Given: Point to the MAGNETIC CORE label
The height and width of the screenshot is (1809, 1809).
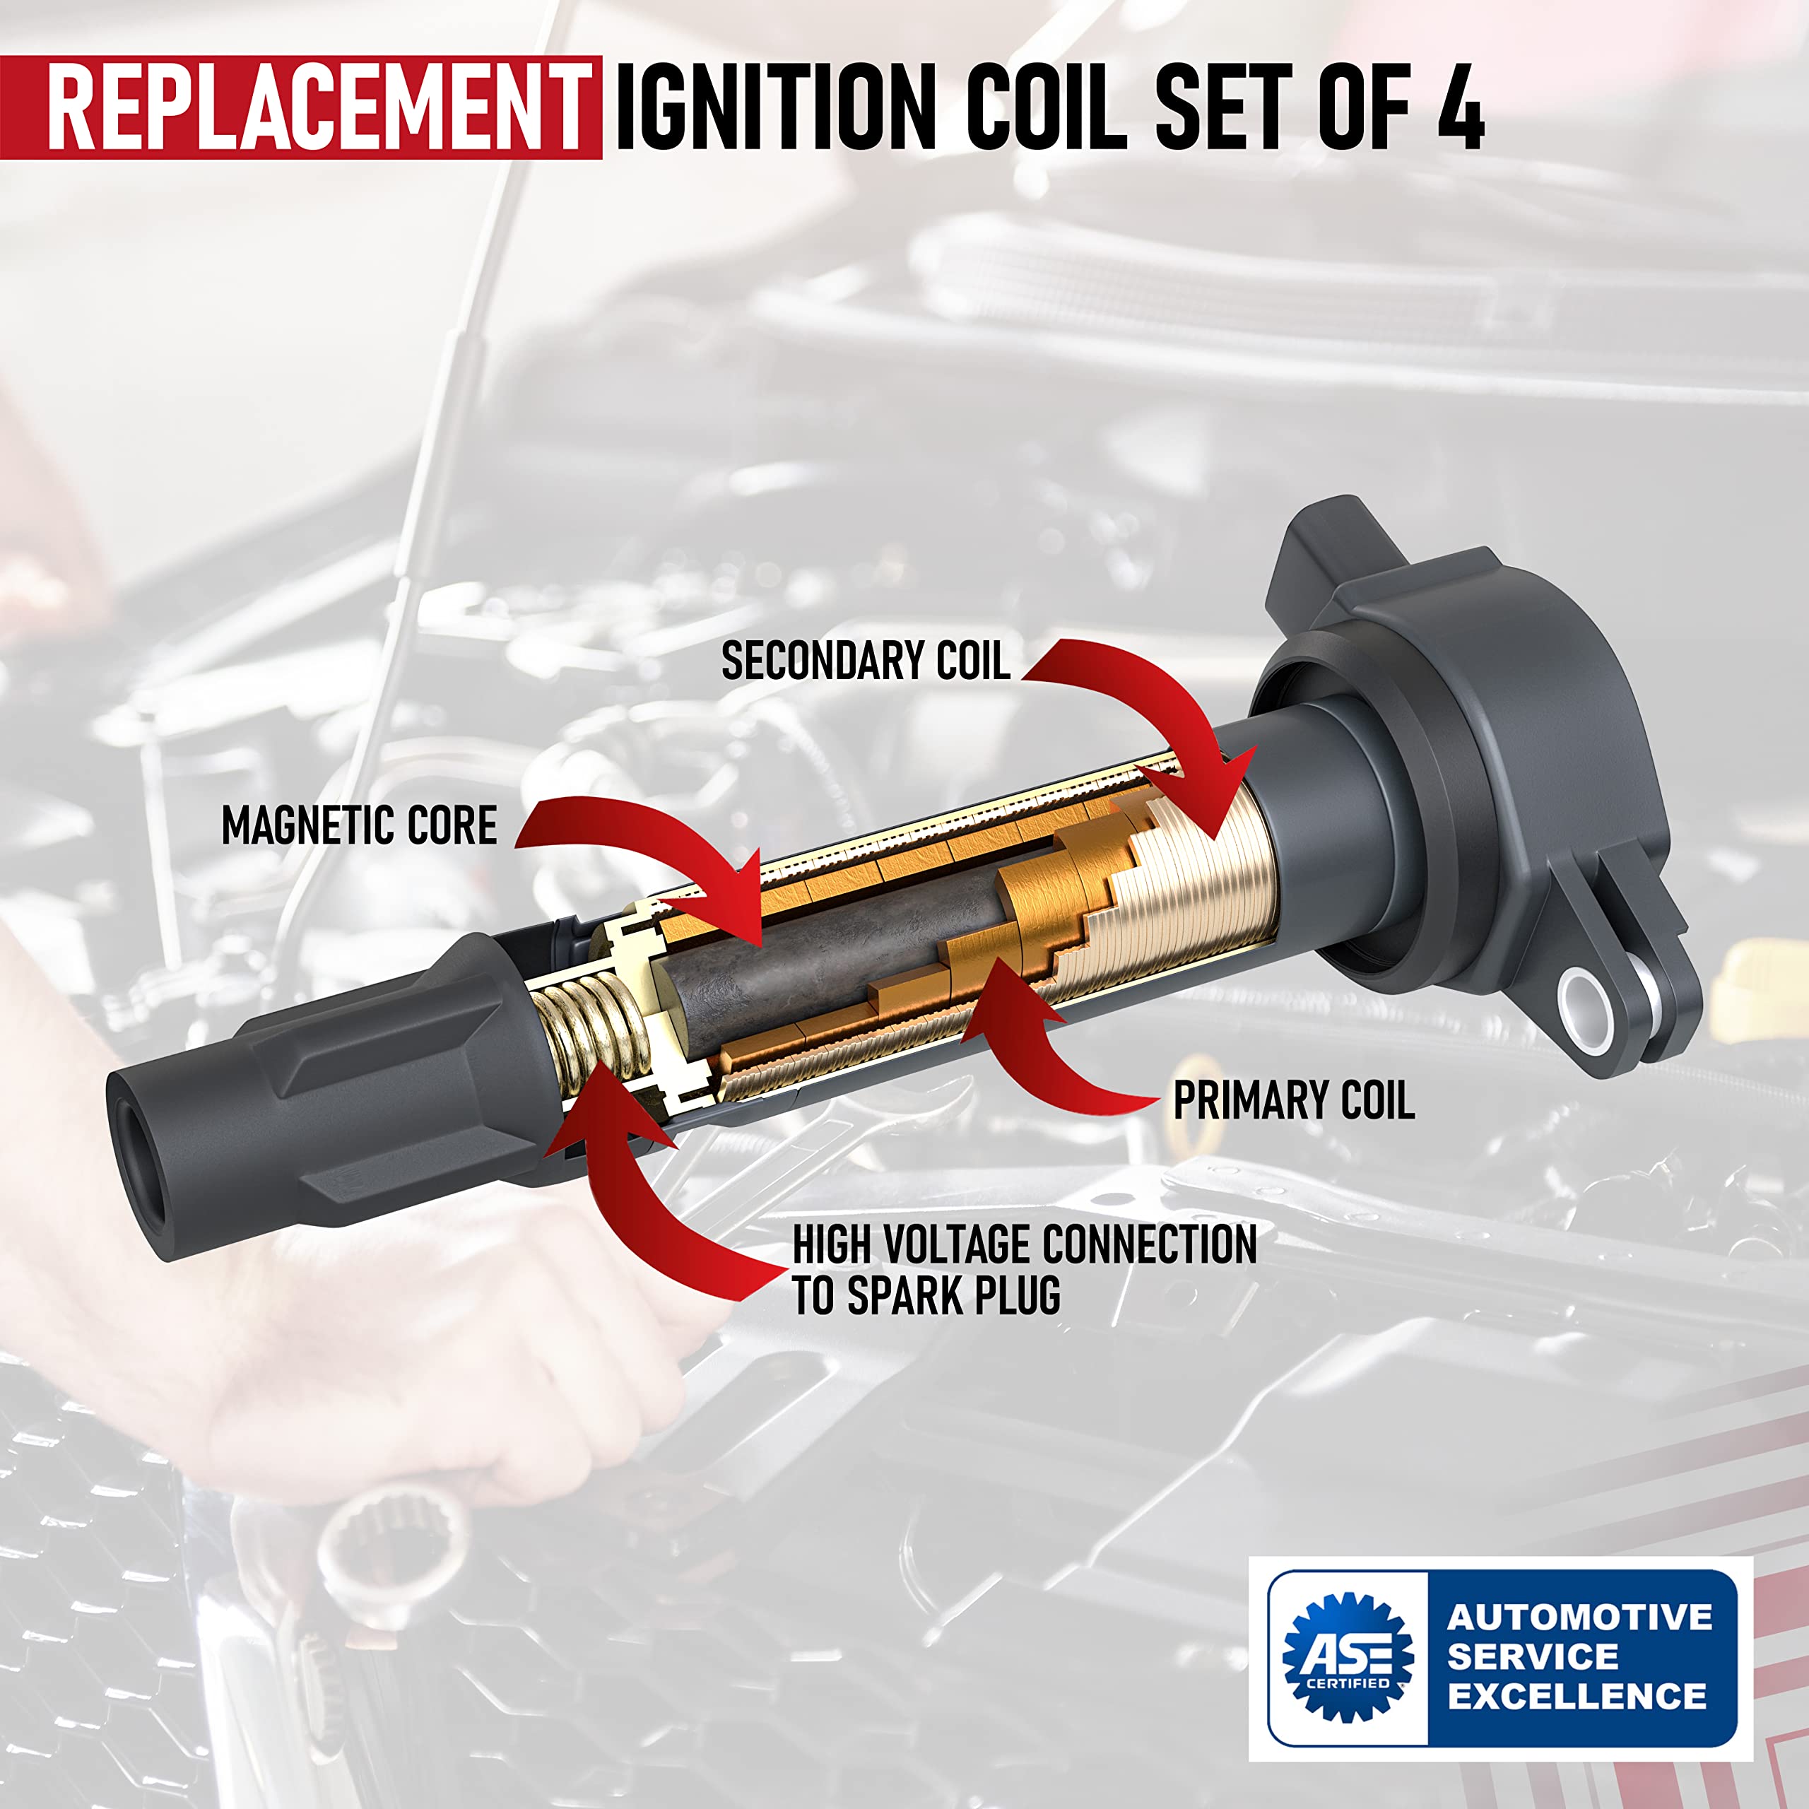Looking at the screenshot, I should coord(358,826).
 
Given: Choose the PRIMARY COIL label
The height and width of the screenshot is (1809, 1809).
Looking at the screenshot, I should coord(1293,1100).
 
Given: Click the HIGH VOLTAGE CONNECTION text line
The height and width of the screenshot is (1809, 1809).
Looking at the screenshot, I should coord(1025,1244).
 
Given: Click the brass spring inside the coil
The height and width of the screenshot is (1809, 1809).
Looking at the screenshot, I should coord(590,1030).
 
